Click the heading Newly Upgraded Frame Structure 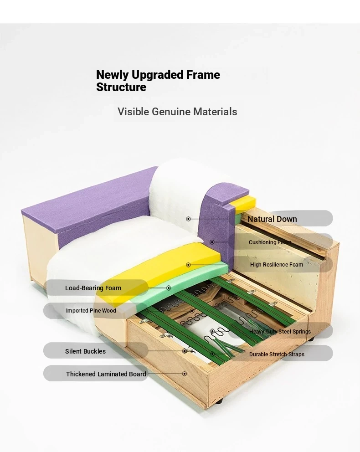click(x=158, y=81)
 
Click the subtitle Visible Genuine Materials click(x=177, y=112)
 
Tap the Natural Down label click(x=272, y=219)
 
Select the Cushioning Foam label click(x=270, y=242)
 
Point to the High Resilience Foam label click(x=277, y=265)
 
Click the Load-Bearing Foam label click(x=93, y=288)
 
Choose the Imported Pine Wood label click(x=91, y=310)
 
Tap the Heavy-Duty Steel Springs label click(x=280, y=332)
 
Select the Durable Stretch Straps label click(x=277, y=354)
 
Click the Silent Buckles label click(x=85, y=351)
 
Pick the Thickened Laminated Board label click(x=106, y=374)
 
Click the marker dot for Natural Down click(x=188, y=219)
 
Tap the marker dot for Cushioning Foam click(x=212, y=242)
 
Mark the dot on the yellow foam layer click(x=188, y=265)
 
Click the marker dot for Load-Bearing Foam click(x=169, y=288)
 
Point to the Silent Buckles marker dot click(x=185, y=351)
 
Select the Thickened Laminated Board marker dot click(x=185, y=374)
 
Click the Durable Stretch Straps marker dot click(x=212, y=354)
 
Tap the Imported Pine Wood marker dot click(x=192, y=311)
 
